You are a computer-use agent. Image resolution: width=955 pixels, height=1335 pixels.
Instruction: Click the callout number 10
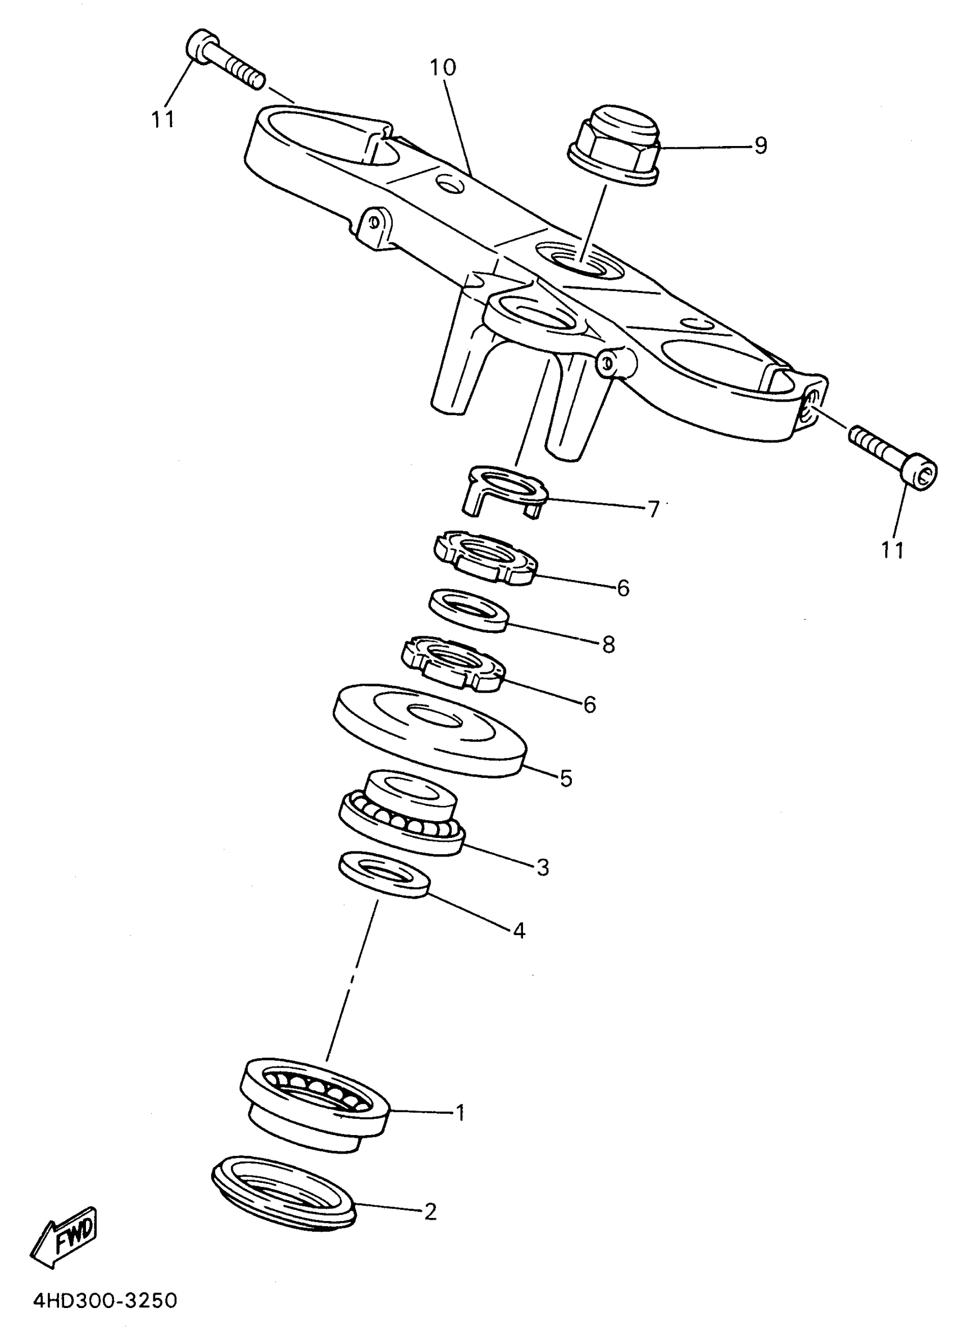click(x=442, y=68)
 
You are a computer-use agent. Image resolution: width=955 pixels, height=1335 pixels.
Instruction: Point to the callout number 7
click(x=653, y=509)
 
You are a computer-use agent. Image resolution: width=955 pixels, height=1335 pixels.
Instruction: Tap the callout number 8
click(x=608, y=645)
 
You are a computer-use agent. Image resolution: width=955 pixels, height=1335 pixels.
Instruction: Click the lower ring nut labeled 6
click(x=453, y=664)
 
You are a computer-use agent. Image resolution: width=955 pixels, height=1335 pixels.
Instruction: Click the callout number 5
click(x=566, y=778)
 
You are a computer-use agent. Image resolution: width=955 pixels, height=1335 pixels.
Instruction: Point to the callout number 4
click(x=519, y=930)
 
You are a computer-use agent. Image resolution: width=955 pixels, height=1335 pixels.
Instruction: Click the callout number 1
click(x=460, y=1112)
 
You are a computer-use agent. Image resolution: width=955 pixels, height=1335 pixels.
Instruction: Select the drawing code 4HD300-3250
click(x=104, y=1300)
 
